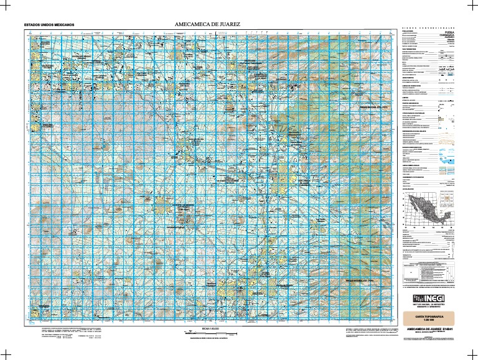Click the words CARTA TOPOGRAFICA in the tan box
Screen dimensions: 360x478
429,317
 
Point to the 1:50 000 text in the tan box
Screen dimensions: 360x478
429,321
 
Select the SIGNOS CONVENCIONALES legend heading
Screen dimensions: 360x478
429,29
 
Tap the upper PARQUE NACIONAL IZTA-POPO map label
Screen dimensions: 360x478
372,108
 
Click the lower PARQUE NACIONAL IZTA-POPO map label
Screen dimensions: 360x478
359,281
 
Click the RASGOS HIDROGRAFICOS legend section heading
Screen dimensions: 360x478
413,113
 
